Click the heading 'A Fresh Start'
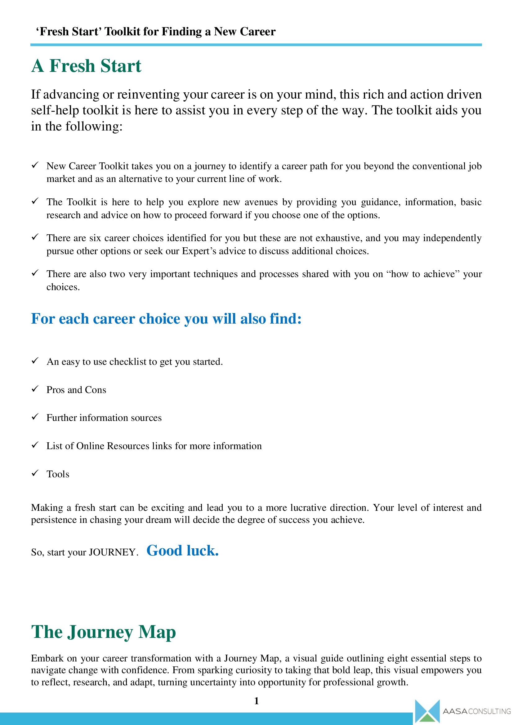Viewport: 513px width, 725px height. click(x=86, y=66)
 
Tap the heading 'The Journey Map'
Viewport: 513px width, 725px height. click(x=103, y=632)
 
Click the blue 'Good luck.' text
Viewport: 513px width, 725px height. click(x=183, y=551)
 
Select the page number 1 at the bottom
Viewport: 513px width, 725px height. click(x=256, y=701)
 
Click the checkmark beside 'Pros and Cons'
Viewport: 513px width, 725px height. click(x=35, y=389)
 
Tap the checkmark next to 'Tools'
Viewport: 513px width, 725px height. click(x=35, y=473)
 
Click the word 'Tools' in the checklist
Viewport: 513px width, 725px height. click(x=58, y=474)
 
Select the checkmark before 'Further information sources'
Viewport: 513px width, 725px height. click(x=35, y=417)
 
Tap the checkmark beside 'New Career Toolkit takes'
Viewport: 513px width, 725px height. click(x=35, y=165)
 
